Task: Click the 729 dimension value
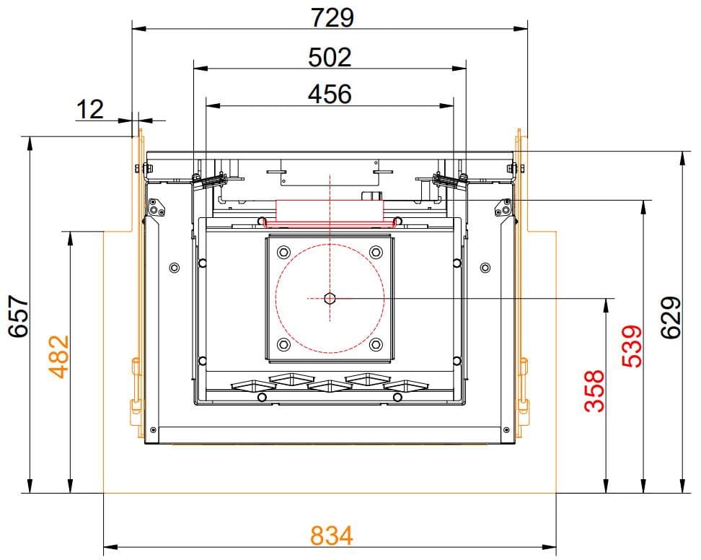332,17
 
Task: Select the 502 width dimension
330,57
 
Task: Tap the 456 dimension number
330,94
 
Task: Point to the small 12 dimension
90,110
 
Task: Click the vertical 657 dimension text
19,315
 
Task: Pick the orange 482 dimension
59,356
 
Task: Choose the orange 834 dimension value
332,535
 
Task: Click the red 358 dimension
594,390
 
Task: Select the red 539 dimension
632,346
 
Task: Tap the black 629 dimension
671,318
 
